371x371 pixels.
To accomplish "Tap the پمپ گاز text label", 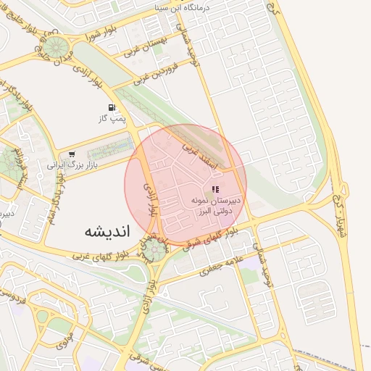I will [112, 117].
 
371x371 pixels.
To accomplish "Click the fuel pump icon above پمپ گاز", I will [112, 107].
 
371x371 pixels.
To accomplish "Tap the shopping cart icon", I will [71, 154].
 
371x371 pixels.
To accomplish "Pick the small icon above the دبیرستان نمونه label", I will [214, 190].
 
